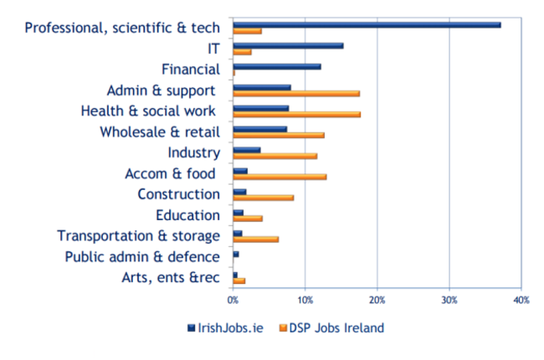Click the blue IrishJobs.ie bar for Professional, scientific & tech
click(x=367, y=24)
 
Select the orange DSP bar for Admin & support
click(x=296, y=93)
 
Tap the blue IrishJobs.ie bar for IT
click(x=288, y=45)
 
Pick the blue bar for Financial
click(x=277, y=66)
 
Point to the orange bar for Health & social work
click(x=296, y=114)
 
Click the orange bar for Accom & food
click(x=280, y=177)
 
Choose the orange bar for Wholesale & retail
click(x=279, y=135)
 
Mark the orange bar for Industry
click(x=275, y=156)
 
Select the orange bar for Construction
click(x=264, y=198)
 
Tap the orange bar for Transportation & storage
click(x=256, y=239)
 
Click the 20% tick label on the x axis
click(x=377, y=299)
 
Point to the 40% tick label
click(x=521, y=299)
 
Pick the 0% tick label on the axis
click(x=234, y=299)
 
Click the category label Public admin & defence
click(x=142, y=257)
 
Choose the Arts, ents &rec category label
click(x=167, y=278)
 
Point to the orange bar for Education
click(x=248, y=219)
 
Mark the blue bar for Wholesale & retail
click(x=260, y=129)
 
